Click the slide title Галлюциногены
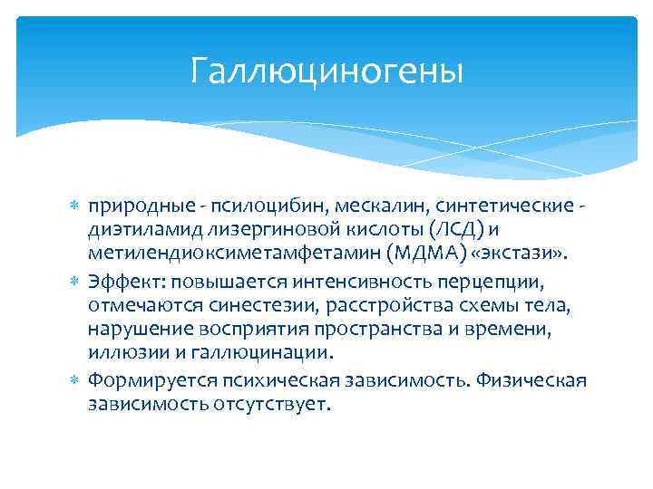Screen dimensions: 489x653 [x=326, y=71]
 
